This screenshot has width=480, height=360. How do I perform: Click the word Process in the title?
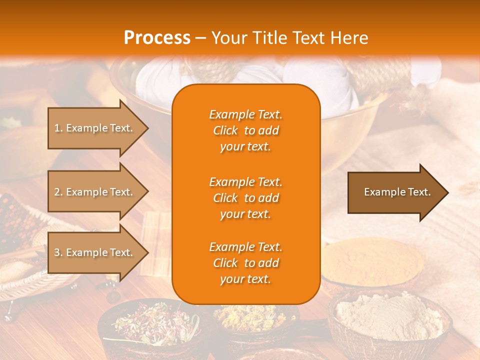157,37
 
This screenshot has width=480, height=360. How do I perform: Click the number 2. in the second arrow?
58,192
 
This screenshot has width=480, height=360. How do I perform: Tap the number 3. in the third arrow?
58,252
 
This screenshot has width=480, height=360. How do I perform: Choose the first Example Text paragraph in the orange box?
245,130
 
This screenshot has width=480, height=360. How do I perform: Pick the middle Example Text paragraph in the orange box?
245,198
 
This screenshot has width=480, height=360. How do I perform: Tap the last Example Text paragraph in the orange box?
245,263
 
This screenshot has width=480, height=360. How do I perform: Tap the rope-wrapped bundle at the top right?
385,75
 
